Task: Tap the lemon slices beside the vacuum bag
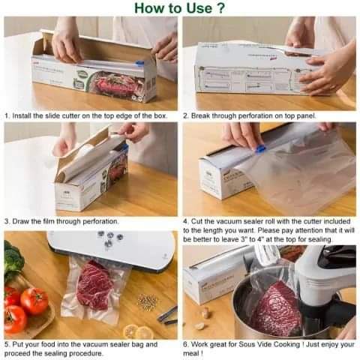[138, 331]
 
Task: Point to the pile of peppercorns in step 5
[148, 301]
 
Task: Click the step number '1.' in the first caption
[7, 116]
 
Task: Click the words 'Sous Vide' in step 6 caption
[252, 344]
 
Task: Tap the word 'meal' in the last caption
[193, 354]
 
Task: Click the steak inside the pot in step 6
[274, 307]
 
